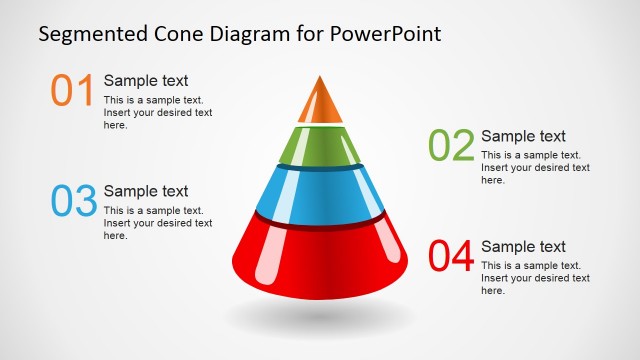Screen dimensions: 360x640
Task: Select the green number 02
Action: [x=451, y=145]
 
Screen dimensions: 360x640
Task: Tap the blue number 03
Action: [x=73, y=200]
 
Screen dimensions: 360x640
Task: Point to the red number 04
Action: [x=451, y=256]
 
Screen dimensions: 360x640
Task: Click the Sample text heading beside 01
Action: [x=146, y=81]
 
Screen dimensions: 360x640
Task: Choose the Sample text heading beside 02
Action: [x=523, y=136]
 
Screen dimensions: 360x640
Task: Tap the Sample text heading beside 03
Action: [x=146, y=191]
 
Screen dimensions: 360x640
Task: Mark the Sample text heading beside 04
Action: [x=523, y=247]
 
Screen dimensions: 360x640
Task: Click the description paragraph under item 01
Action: [x=158, y=112]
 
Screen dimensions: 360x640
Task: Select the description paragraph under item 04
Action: [x=535, y=278]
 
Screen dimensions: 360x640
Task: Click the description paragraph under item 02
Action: [x=535, y=167]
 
